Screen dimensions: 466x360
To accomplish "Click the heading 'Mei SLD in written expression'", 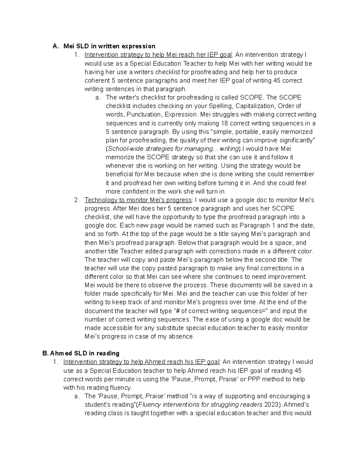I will pyautogui.click(x=109, y=46).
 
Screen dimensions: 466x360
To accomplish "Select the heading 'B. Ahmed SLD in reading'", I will pyautogui.click(x=81, y=353).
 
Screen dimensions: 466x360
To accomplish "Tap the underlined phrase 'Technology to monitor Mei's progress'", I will pyautogui.click(x=138, y=200).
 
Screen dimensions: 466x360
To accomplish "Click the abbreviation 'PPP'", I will pyautogui.click(x=257, y=379).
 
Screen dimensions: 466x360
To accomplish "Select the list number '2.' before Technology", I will pyautogui.click(x=76, y=200).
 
